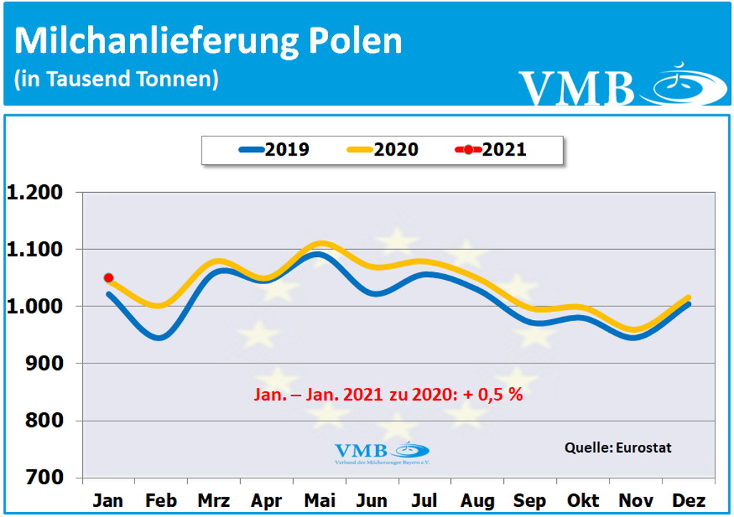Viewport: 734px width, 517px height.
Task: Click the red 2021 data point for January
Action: coord(109,278)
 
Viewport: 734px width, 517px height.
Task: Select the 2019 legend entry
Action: coord(274,150)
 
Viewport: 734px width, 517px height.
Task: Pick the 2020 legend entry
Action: coord(383,150)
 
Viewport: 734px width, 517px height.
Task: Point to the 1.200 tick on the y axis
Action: coord(45,193)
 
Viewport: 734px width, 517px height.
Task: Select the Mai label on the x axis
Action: coord(319,500)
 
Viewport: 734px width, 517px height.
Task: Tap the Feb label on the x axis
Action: coord(161,500)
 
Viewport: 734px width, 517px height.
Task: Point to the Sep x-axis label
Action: coord(530,500)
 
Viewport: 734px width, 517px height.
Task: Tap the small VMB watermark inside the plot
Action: coord(382,452)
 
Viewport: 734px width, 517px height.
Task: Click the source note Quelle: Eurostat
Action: coord(618,448)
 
